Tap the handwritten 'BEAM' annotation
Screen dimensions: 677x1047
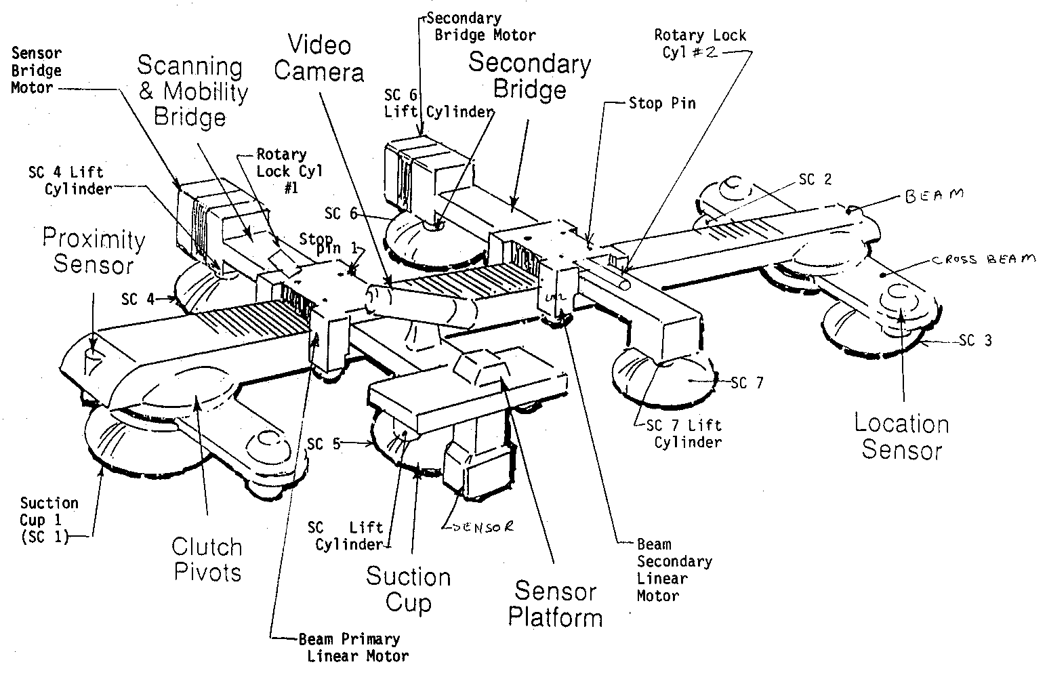coord(933,196)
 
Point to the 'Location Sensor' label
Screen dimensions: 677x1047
coord(901,437)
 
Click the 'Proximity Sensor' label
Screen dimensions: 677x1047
coord(94,251)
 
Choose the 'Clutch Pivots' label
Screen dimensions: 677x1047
coord(207,559)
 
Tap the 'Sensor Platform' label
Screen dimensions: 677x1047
coord(555,604)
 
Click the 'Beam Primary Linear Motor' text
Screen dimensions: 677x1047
coord(353,647)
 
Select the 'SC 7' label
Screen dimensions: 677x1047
coord(747,383)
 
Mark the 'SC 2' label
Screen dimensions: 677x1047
coord(815,180)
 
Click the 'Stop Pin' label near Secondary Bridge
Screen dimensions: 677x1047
coord(661,104)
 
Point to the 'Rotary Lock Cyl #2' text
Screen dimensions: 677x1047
coord(699,44)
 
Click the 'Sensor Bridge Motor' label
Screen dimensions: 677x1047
coord(37,70)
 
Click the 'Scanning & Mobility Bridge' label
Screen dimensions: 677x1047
coord(192,91)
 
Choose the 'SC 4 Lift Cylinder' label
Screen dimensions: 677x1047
coord(70,181)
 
